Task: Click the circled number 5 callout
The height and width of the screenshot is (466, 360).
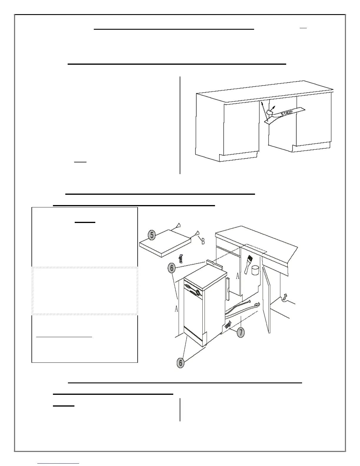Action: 152,235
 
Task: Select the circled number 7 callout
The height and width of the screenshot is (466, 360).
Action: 241,333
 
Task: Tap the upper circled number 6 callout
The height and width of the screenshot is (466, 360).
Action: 172,268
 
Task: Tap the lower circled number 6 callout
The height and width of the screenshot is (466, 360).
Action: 181,362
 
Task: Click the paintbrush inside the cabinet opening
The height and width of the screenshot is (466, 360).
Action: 248,264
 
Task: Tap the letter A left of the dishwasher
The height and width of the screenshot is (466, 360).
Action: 176,309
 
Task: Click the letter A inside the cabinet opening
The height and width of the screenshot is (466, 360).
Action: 238,277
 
